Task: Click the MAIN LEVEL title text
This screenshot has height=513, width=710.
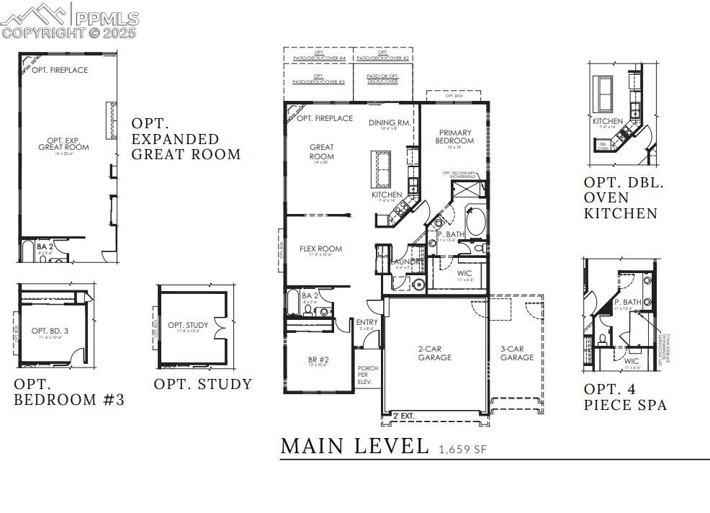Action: point(354,446)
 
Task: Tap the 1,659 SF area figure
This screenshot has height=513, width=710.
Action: point(462,450)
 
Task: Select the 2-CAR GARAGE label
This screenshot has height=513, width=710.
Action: point(435,353)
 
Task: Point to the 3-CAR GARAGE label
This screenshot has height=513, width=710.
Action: point(517,353)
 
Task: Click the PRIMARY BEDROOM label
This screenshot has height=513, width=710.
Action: point(455,137)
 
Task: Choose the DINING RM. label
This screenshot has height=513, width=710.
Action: point(390,123)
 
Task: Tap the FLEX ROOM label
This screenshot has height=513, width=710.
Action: point(320,249)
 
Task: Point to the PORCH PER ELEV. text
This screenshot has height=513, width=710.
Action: point(368,375)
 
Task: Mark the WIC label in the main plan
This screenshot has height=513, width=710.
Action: point(464,273)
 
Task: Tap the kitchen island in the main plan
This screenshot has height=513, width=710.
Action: point(381,167)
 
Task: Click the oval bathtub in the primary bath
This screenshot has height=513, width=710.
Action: point(475,222)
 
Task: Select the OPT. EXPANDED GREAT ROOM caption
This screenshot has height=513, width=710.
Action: point(185,138)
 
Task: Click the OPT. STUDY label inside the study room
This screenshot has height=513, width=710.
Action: point(188,326)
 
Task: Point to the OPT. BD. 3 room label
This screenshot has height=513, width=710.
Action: point(49,331)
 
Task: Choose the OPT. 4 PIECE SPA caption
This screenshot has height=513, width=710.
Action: point(624,397)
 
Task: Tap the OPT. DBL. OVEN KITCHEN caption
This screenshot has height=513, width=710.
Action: point(624,198)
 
